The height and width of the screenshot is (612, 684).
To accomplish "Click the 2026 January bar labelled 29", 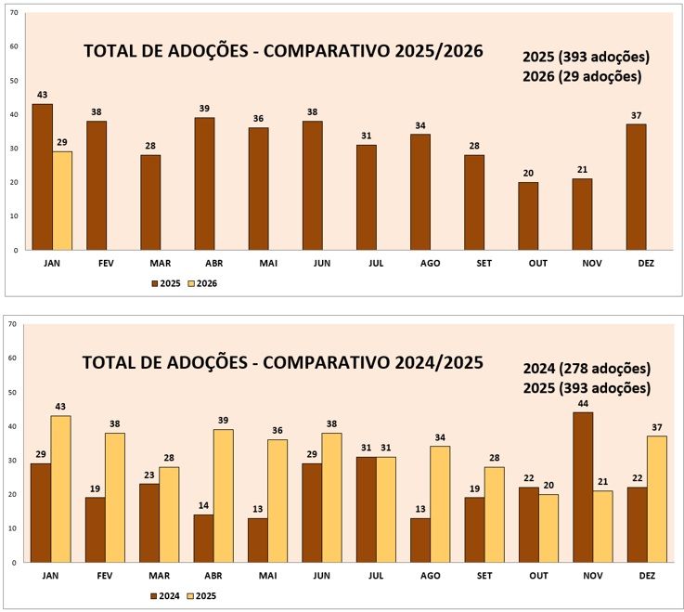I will pyautogui.click(x=62, y=201).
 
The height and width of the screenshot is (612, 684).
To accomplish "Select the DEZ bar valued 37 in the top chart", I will pyautogui.click(x=636, y=187).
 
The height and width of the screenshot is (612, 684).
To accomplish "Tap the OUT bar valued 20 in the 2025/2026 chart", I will pyautogui.click(x=527, y=215).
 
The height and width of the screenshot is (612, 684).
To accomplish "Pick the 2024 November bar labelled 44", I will pyautogui.click(x=582, y=487).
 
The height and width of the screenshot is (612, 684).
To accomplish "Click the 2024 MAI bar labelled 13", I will pyautogui.click(x=257, y=540).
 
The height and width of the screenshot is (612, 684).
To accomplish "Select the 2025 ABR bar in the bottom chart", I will pyautogui.click(x=223, y=495).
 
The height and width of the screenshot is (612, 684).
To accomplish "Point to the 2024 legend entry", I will pyautogui.click(x=166, y=595).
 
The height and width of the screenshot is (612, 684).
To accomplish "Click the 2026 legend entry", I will pyautogui.click(x=202, y=283).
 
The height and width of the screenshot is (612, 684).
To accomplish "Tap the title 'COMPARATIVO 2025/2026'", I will pyautogui.click(x=283, y=51).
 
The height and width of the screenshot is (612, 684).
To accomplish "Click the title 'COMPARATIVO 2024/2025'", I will pyautogui.click(x=283, y=363).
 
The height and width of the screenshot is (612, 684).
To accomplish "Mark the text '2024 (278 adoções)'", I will pyautogui.click(x=586, y=369).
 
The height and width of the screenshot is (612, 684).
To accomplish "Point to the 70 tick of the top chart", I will pyautogui.click(x=14, y=12).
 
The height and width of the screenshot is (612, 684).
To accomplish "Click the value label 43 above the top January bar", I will pyautogui.click(x=43, y=95).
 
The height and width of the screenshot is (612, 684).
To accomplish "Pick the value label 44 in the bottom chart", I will pyautogui.click(x=582, y=403).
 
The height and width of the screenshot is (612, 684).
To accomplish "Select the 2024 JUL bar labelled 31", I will pyautogui.click(x=366, y=509).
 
